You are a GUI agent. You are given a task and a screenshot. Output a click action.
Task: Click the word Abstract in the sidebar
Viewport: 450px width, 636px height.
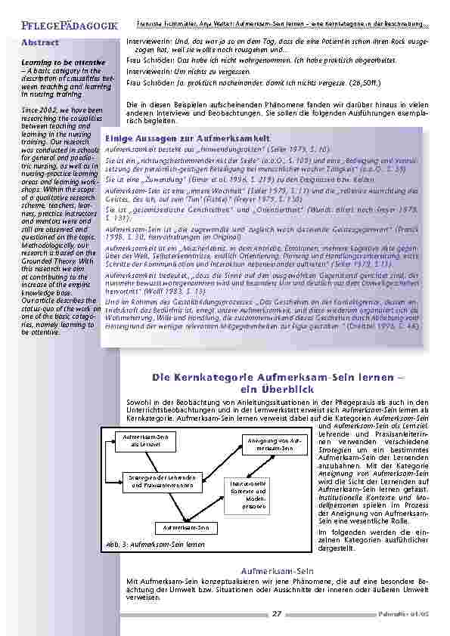click(39, 43)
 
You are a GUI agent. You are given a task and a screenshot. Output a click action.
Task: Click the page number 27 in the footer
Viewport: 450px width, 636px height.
click(277, 614)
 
